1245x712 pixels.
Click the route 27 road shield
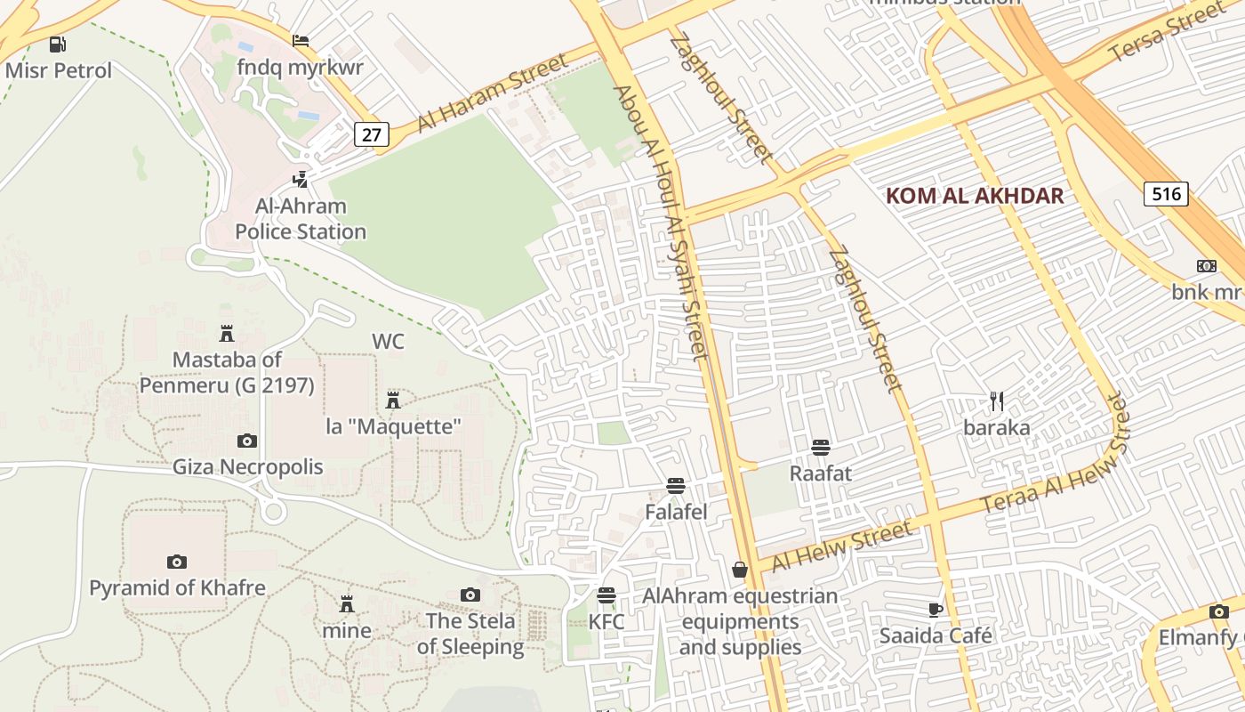point(372,134)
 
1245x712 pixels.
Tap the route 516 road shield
point(1166,194)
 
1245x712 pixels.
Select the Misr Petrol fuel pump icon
point(58,44)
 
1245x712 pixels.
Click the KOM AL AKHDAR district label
point(975,196)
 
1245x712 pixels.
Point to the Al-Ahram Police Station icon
point(301,179)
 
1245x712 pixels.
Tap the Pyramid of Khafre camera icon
point(177,562)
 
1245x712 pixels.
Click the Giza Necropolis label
point(247,466)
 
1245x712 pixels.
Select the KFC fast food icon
point(606,595)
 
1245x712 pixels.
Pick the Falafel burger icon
point(676,486)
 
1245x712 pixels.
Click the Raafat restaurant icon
point(821,447)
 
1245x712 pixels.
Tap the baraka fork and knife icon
point(997,401)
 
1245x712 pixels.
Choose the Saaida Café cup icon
point(935,610)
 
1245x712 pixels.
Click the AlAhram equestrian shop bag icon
point(740,570)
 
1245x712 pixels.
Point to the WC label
point(388,342)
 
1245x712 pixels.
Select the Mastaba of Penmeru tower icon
point(227,333)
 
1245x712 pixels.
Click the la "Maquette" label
point(394,426)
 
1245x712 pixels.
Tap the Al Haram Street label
point(492,93)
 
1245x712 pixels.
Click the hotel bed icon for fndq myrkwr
point(301,41)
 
